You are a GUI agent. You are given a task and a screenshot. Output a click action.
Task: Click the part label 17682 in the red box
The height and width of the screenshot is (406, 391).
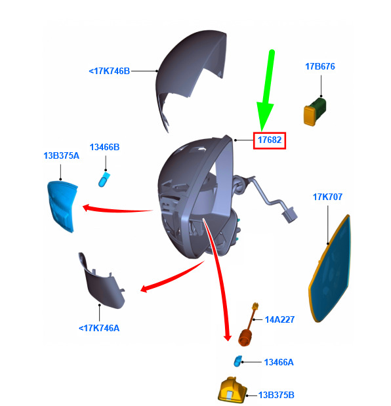tap(270, 140)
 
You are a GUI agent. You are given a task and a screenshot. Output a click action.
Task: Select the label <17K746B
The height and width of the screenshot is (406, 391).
tap(110, 71)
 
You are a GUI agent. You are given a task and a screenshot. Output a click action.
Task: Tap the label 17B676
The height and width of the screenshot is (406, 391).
tap(320, 66)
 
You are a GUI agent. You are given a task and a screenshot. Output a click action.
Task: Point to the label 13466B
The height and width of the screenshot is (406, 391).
tap(104, 147)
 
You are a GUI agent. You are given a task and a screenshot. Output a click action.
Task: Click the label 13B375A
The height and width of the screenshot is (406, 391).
tap(62, 155)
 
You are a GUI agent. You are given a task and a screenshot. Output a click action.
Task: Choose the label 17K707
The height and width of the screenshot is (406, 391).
tap(327, 197)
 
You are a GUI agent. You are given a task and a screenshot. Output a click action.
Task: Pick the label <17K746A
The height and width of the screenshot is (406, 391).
tap(99, 328)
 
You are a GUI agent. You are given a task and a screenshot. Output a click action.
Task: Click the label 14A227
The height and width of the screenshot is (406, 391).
tap(279, 319)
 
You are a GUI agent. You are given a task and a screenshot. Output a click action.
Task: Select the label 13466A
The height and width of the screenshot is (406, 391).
tap(279, 362)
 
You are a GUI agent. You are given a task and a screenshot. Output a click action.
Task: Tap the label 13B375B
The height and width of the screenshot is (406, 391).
tap(276, 395)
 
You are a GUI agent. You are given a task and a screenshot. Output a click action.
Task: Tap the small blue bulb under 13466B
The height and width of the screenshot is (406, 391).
tap(104, 180)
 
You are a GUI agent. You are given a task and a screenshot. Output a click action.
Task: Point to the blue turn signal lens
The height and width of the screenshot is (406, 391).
tap(62, 206)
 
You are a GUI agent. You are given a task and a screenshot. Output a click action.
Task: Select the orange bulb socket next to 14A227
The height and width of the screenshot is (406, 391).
tap(246, 336)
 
